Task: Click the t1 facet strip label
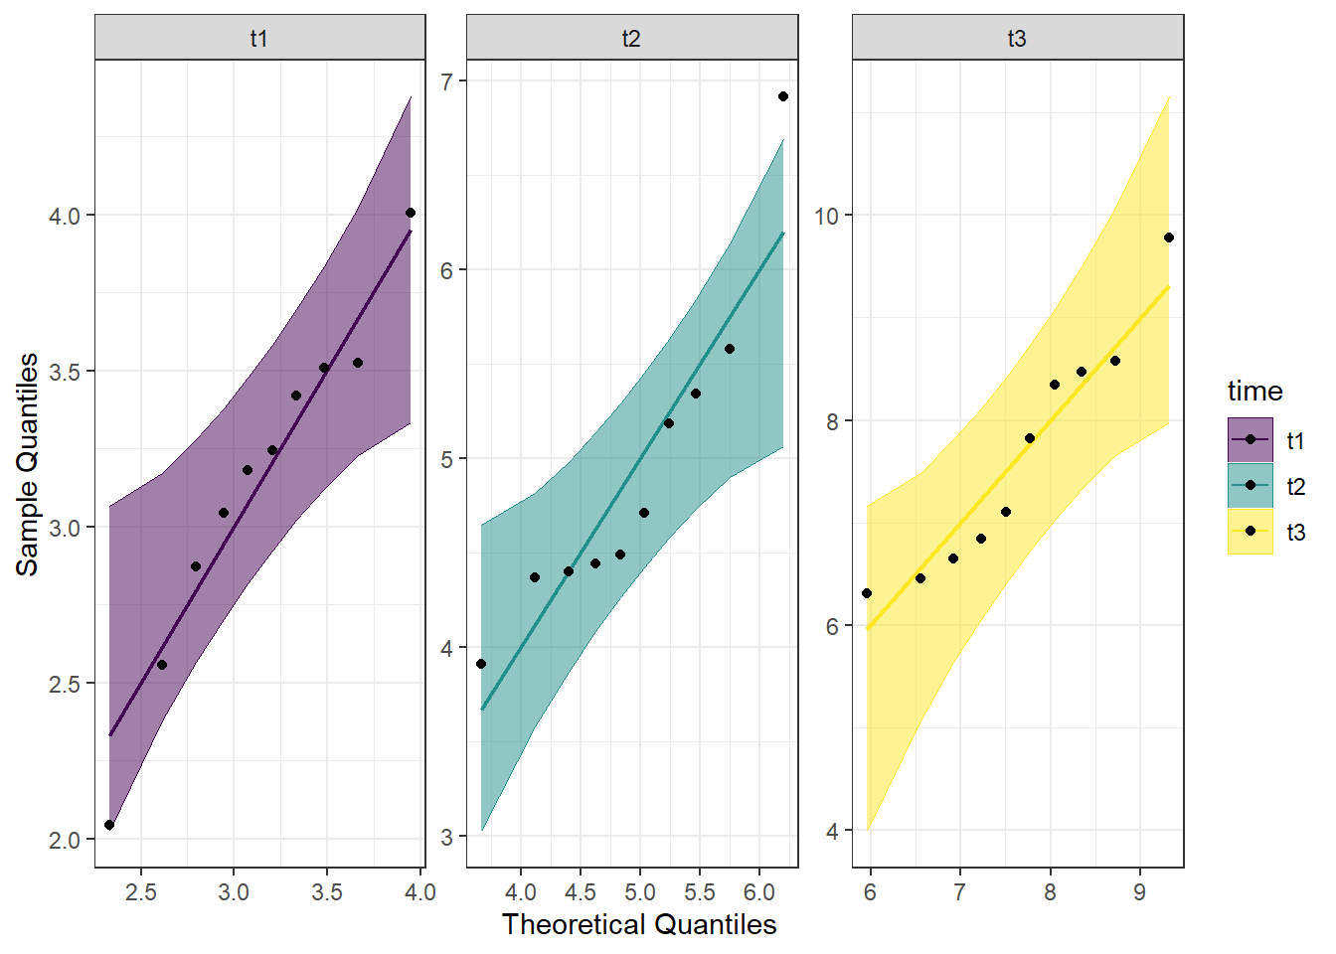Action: (259, 39)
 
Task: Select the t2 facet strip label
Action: (631, 39)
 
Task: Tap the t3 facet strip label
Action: (1017, 39)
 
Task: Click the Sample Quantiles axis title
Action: (28, 464)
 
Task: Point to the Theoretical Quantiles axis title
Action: (639, 924)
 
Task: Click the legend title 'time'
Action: (1254, 391)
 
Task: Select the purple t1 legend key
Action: (1251, 439)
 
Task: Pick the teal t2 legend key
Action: (1251, 485)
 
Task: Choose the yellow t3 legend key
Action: (1251, 531)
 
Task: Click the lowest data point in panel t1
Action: (109, 825)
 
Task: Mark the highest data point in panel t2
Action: (783, 96)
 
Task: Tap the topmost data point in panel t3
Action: (1169, 238)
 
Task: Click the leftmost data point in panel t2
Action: (481, 664)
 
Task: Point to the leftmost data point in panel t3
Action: (867, 593)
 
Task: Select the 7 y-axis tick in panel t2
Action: (447, 81)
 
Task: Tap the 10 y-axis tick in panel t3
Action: (827, 216)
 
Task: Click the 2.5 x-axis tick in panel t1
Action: (141, 892)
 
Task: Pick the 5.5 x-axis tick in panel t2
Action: (700, 892)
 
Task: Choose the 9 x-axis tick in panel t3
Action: (1139, 892)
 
